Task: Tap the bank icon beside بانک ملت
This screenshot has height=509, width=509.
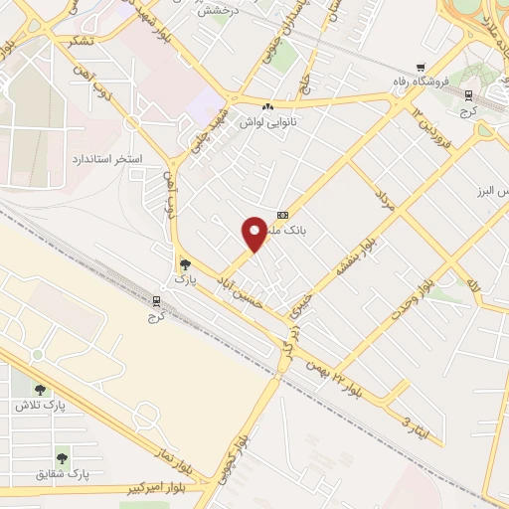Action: coord(283,215)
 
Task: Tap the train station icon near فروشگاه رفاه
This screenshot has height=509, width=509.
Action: coord(467,94)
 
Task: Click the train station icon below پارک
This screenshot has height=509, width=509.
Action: coord(154,299)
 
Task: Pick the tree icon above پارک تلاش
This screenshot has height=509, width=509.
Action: coord(40,390)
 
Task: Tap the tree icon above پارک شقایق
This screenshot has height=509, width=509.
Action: coord(63,457)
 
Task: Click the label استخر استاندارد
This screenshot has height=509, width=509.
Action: coord(106,158)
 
